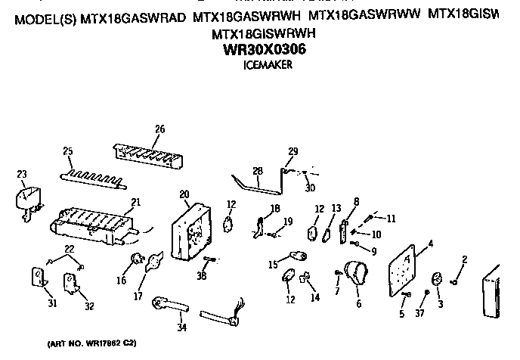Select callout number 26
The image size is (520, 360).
tap(159, 129)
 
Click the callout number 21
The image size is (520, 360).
tap(136, 202)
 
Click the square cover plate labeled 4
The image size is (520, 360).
tap(407, 268)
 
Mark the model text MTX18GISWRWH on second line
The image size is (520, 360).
tap(264, 34)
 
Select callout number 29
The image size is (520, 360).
tap(293, 151)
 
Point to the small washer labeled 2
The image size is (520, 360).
tap(457, 282)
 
